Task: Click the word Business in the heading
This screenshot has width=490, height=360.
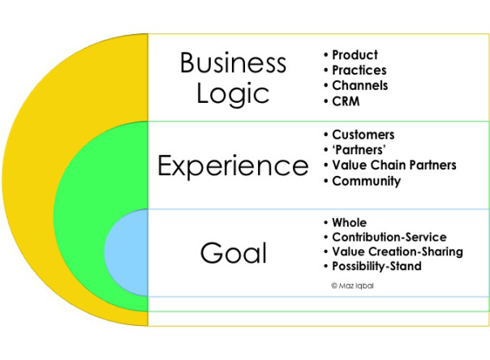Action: coord(233,62)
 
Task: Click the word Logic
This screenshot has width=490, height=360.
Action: coord(233,95)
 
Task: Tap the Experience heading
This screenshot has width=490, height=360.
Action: coord(233,166)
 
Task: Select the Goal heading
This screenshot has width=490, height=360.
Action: coord(234,253)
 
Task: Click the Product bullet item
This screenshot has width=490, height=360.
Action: coord(355,54)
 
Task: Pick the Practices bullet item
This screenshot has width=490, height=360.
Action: coord(359,70)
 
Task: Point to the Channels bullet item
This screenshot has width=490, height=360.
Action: coord(359,85)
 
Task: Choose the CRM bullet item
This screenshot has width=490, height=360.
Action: coord(346,101)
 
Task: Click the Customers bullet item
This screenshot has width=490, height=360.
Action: coord(363,135)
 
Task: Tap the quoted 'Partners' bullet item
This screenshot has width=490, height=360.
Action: coord(359,150)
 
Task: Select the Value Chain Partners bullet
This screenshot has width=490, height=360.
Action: coord(394,165)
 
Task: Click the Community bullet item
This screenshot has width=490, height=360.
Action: coord(366,181)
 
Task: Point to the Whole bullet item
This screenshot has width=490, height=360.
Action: coord(349,222)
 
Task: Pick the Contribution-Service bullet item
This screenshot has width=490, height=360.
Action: coord(389,237)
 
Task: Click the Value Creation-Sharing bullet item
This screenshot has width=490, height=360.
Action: coord(398,251)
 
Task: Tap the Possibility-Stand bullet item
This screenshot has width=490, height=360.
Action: coord(376,266)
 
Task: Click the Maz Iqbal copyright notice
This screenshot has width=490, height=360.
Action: coord(352,285)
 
